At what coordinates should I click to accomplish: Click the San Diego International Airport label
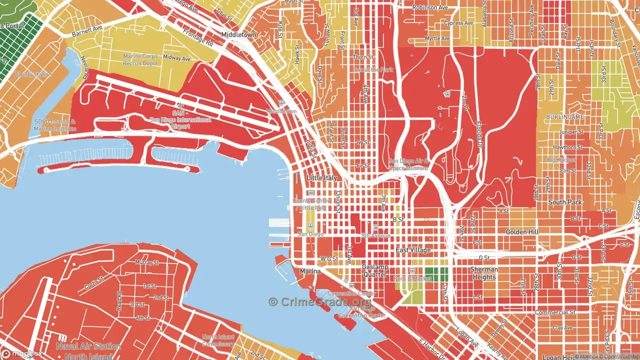click(180, 120)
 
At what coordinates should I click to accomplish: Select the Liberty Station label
click(33, 74)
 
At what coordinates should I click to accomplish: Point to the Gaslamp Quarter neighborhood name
click(374, 271)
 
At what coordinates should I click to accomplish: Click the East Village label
click(413, 250)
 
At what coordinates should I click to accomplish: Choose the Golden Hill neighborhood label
click(522, 232)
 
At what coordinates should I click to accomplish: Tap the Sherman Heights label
click(484, 273)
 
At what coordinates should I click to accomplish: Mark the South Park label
click(565, 202)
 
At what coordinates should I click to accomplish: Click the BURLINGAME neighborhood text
click(564, 116)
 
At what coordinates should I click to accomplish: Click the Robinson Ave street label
click(430, 8)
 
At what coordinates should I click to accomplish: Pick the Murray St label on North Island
click(147, 262)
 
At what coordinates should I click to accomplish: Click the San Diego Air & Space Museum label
click(409, 164)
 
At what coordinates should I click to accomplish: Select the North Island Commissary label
click(218, 340)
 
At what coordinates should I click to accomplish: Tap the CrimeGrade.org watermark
click(320, 301)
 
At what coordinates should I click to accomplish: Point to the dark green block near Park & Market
click(436, 274)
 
